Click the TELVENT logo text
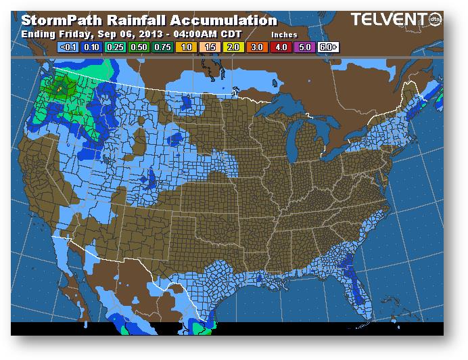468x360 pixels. click(x=387, y=20)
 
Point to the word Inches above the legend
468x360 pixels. click(x=284, y=33)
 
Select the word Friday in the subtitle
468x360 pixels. click(x=68, y=33)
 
